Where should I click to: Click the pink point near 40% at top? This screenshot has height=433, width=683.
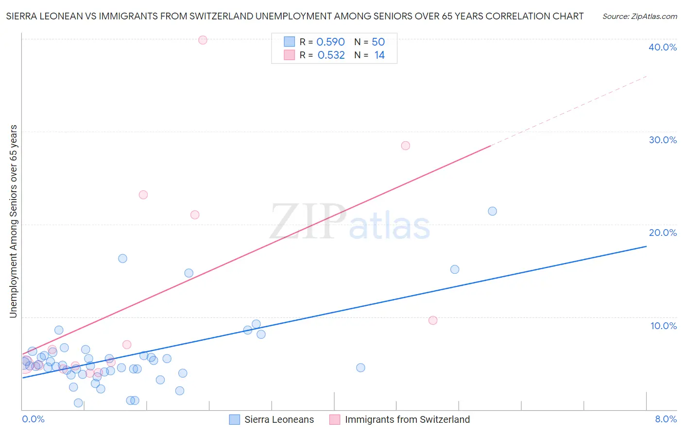click(203, 40)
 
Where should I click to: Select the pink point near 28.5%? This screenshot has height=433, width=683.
click(406, 146)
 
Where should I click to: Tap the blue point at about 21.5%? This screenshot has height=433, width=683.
click(492, 211)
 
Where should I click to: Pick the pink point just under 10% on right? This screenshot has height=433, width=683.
click(433, 320)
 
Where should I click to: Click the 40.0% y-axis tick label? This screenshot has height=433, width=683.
click(663, 47)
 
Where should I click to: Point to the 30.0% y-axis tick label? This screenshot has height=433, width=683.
click(663, 140)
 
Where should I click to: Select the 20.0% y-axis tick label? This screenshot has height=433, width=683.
click(663, 233)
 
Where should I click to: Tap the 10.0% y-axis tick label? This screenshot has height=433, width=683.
click(664, 326)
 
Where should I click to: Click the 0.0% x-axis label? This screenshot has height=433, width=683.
click(33, 419)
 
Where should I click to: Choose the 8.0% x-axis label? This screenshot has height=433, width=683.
click(666, 419)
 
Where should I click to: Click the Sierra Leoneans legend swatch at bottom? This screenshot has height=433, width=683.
click(235, 419)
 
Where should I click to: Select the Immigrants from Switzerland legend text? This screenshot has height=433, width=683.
click(407, 419)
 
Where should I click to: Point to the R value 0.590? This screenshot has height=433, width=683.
click(330, 42)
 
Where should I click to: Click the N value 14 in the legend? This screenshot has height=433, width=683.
click(379, 55)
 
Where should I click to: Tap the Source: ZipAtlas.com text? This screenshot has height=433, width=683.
click(639, 17)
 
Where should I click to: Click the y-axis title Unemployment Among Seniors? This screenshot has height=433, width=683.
click(14, 221)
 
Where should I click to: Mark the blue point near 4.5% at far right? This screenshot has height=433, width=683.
click(360, 367)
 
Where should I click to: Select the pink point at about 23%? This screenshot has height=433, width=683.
click(143, 195)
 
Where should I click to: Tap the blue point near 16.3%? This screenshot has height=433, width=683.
click(123, 258)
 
